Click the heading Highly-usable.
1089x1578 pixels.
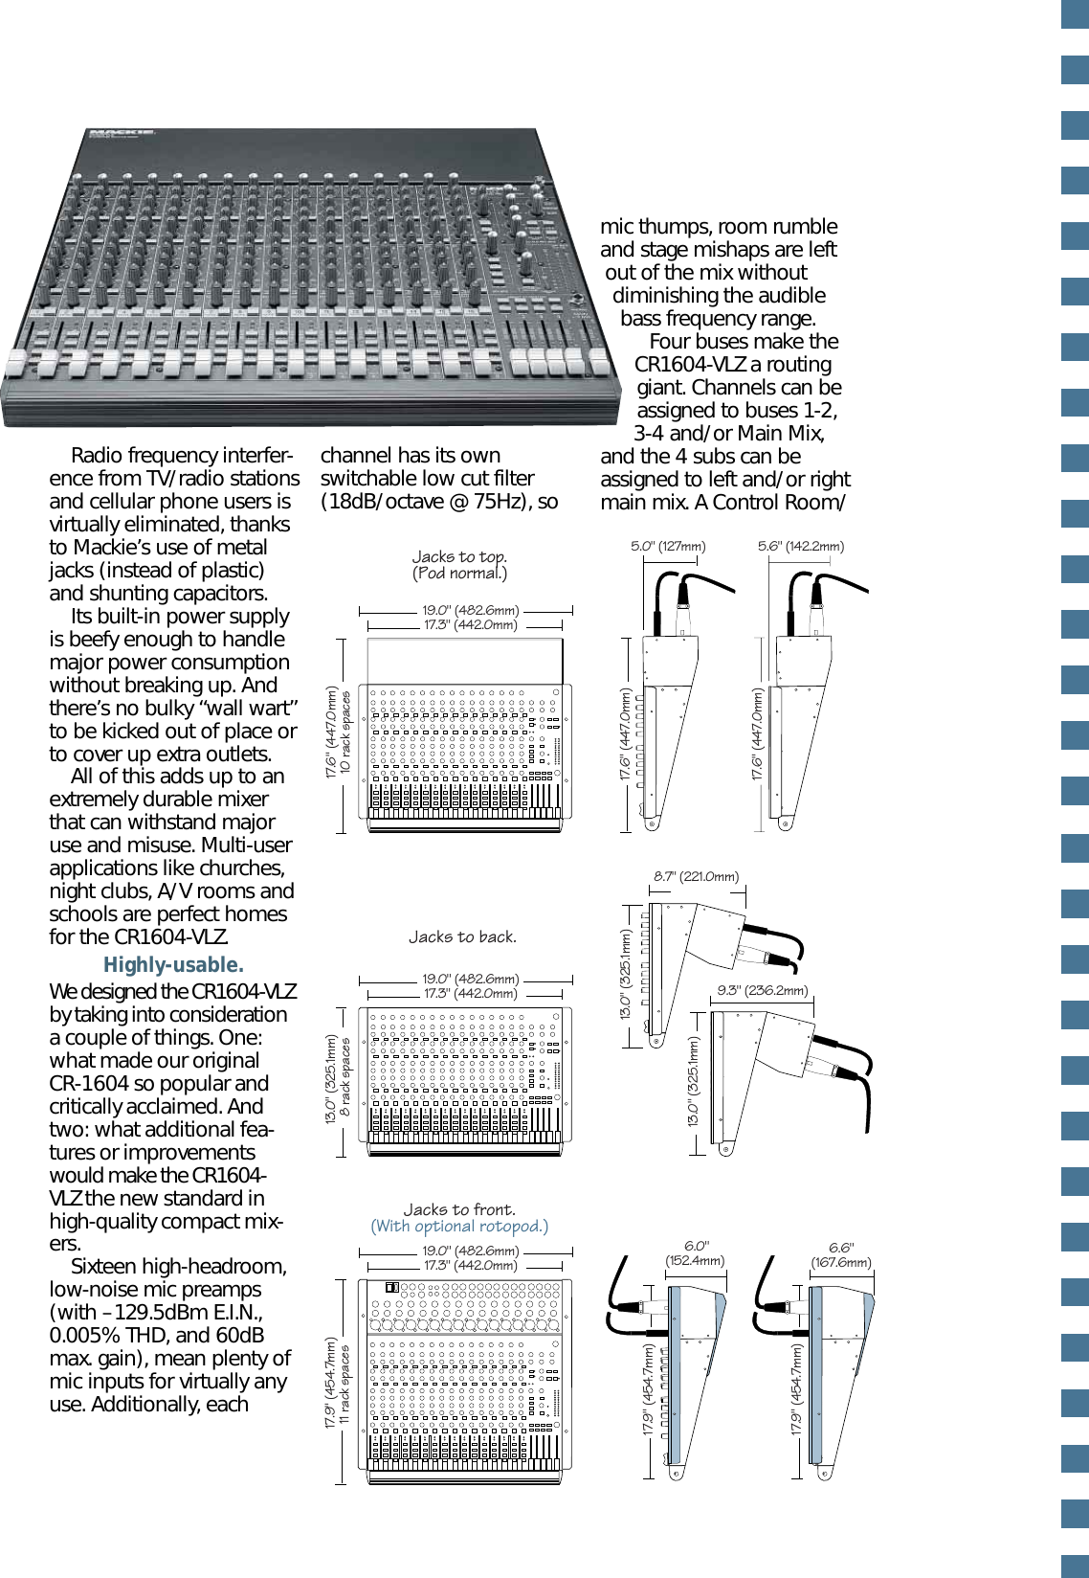173,965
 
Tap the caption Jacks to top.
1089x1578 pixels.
459,557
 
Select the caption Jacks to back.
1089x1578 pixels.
462,937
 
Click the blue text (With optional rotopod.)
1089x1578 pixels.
459,1227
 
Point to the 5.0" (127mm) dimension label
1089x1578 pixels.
668,547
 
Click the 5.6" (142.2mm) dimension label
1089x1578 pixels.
801,547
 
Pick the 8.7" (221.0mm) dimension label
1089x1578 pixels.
696,876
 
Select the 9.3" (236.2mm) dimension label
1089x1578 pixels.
763,990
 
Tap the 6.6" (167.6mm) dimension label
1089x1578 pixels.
841,1255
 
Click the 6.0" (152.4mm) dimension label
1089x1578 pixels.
696,1253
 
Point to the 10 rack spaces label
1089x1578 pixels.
346,733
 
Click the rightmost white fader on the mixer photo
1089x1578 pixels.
600,362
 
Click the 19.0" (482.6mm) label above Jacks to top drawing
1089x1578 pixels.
471,610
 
